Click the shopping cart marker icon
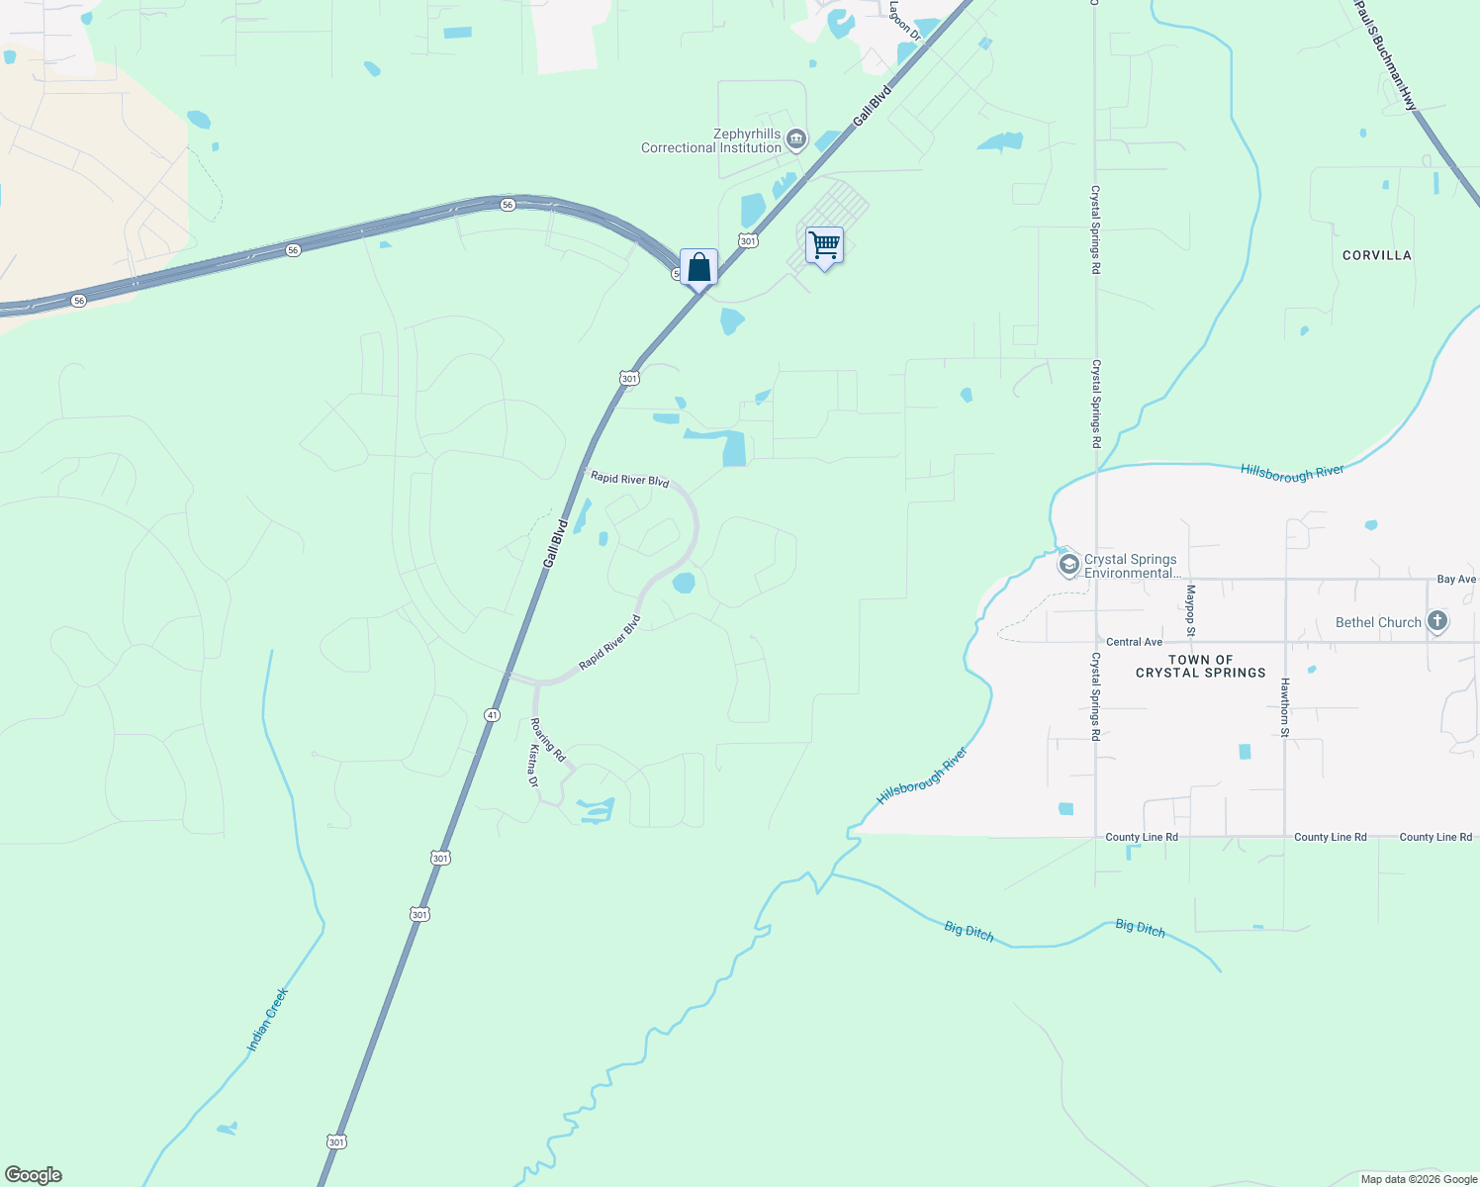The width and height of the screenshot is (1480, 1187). pos(824,244)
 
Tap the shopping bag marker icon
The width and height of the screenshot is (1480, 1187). pos(698,267)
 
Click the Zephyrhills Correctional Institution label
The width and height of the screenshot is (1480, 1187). pos(710,141)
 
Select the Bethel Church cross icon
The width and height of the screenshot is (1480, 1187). pos(1437,622)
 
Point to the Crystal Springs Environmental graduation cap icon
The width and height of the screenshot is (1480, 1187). pos(1068,566)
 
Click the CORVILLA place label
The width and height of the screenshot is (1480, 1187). pos(1376,255)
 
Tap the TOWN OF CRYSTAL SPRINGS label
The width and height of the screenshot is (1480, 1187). pos(1200,667)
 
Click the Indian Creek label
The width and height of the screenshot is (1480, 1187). pos(267,1019)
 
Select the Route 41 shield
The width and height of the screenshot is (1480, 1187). pos(492,714)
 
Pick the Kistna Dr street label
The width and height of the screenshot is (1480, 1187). pos(532,768)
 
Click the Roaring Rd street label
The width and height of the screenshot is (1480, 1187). pos(548,740)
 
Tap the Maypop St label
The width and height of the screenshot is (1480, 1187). pos(1191,610)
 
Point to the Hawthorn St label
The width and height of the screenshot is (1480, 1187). pos(1285,707)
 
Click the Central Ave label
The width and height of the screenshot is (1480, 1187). pos(1134,642)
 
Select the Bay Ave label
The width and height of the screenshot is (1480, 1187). pos(1456,580)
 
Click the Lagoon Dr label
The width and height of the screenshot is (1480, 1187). pos(904,21)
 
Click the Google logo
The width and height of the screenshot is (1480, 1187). pos(34,1175)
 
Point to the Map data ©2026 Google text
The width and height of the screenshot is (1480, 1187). pos(1419,1179)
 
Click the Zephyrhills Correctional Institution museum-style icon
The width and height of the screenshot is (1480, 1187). pos(796,141)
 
